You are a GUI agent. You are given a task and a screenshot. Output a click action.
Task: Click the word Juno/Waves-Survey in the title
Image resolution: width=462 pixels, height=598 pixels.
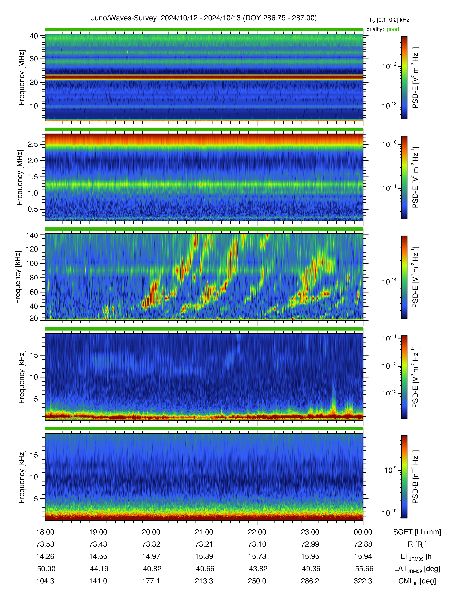[124, 18]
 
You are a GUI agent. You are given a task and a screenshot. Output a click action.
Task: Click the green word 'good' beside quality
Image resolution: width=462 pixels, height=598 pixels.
[393, 29]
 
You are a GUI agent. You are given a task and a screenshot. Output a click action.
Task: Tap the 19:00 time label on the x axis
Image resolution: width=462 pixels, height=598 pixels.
[98, 532]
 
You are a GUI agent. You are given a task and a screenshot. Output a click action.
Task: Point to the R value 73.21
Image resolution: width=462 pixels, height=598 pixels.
[204, 544]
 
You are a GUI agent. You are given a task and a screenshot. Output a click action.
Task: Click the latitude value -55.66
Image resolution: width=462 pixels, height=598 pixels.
[363, 569]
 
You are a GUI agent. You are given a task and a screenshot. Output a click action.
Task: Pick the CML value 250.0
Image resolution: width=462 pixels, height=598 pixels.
[257, 581]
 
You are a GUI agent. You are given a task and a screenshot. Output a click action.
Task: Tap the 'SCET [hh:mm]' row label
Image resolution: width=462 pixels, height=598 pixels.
[417, 532]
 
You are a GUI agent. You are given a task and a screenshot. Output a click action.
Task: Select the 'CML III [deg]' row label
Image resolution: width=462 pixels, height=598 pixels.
[417, 581]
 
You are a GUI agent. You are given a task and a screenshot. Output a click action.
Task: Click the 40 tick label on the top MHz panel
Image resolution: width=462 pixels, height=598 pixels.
[34, 36]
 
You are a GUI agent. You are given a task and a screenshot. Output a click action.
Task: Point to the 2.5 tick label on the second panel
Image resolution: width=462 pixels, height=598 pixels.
[33, 144]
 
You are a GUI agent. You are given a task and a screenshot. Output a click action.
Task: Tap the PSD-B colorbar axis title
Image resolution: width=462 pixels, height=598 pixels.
[415, 477]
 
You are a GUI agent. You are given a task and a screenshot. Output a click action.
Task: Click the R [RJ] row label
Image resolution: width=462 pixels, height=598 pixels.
[417, 544]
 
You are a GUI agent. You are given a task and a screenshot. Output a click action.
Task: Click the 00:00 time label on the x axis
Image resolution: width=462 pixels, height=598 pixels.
[363, 532]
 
